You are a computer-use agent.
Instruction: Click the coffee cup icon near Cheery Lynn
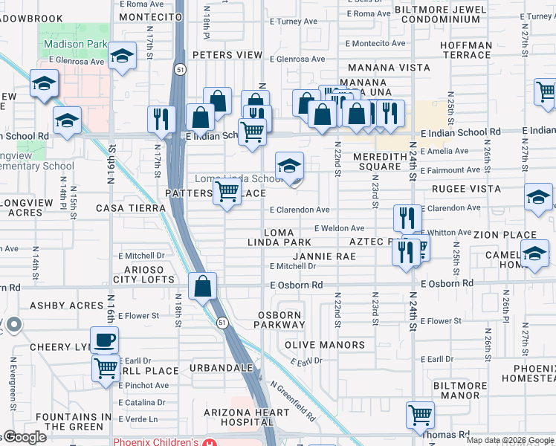pos(105,340)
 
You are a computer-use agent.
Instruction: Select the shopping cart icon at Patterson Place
pos(227,193)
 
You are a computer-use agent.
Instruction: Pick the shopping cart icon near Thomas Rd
pos(421,414)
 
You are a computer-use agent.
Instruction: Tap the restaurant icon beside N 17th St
pos(161,118)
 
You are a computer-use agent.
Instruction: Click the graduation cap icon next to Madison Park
pos(122,56)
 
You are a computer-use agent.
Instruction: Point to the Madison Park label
pos(76,44)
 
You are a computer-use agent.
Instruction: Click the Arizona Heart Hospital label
pos(247,418)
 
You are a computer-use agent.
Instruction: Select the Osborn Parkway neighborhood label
pos(281,319)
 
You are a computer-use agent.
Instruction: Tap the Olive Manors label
pos(325,345)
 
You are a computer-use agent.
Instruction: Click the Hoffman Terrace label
pos(466,50)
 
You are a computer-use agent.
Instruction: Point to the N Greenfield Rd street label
pos(293,401)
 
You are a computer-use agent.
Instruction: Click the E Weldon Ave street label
pos(339,228)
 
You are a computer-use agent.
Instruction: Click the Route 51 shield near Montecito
pos(181,68)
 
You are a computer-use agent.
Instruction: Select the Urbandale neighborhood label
pos(217,368)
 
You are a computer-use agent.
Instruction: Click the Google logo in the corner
pos(25,438)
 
